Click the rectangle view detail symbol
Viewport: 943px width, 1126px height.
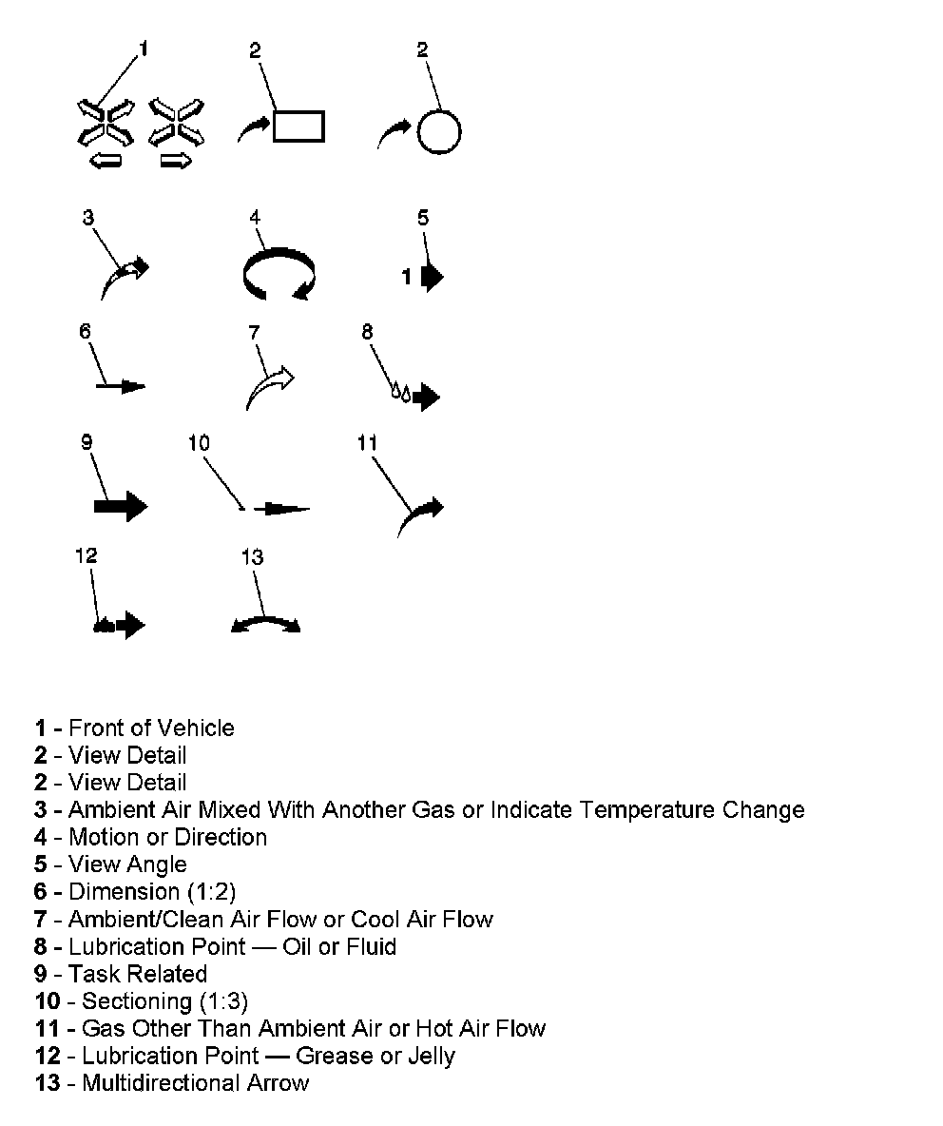tap(299, 126)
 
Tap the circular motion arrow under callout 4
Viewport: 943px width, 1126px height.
tap(278, 277)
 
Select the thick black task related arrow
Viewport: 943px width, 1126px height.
tap(121, 506)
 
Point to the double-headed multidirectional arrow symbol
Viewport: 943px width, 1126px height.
tap(266, 624)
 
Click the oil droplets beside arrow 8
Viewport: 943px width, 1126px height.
tap(401, 392)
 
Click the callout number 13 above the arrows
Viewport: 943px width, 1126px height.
tap(252, 557)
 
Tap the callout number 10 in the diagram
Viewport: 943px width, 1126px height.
tap(199, 443)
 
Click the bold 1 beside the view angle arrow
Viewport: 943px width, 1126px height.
tap(406, 277)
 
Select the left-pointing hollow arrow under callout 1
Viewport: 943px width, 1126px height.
tap(106, 163)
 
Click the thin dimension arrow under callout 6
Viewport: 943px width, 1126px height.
tap(121, 386)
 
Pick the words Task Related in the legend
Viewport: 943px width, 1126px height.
tap(138, 974)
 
